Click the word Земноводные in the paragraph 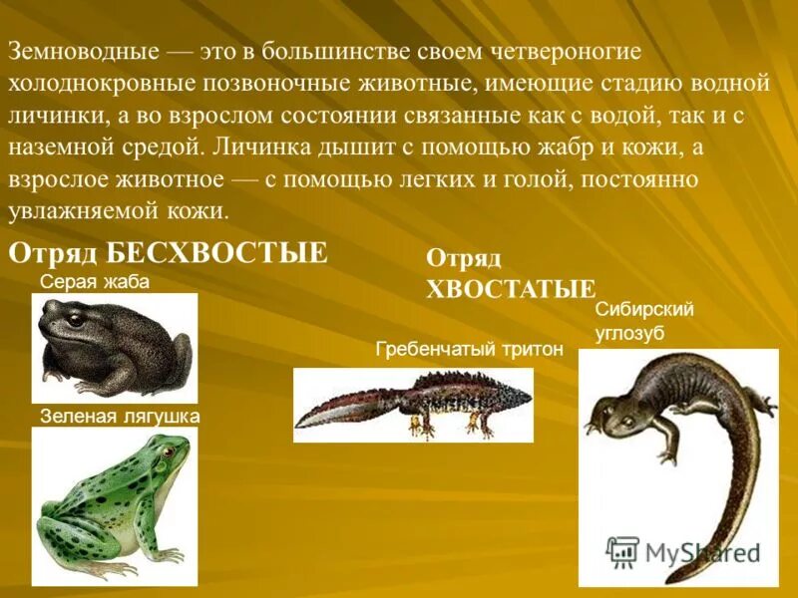82,51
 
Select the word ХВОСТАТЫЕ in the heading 511,289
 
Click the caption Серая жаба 95,282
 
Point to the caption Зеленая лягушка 120,416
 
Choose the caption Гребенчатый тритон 470,349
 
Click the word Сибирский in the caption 644,309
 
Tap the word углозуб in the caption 629,333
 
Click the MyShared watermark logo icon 622,551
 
